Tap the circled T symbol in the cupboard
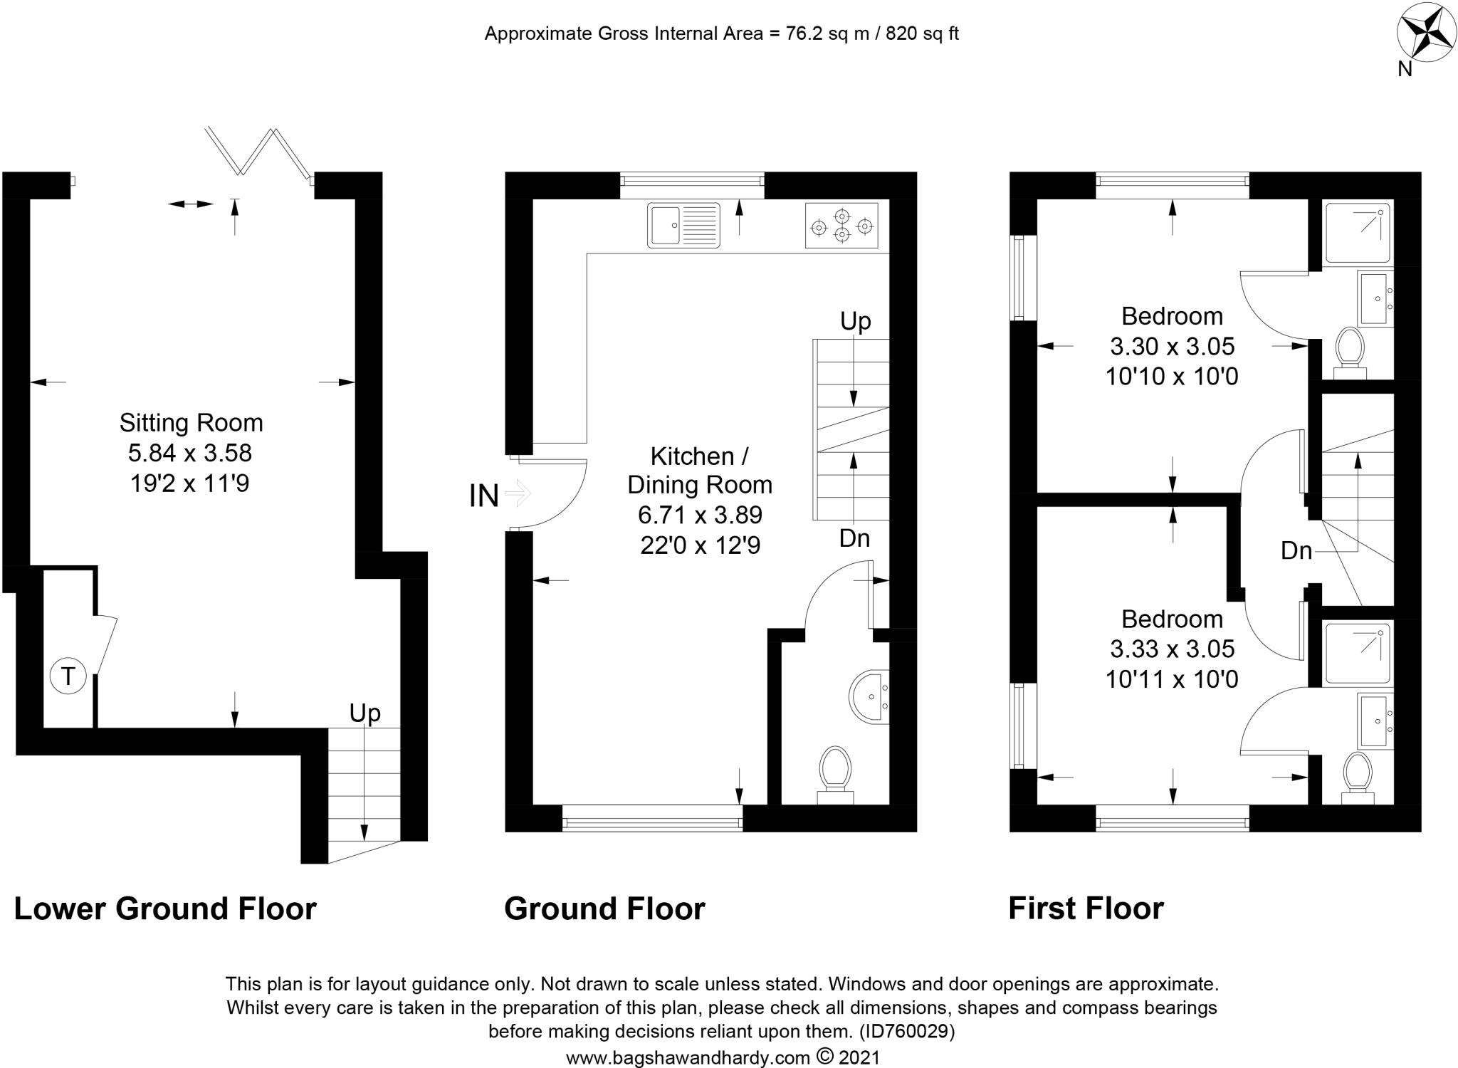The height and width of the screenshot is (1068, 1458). click(x=68, y=676)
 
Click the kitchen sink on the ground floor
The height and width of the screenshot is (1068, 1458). click(x=683, y=225)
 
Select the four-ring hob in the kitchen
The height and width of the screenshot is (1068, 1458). click(x=841, y=225)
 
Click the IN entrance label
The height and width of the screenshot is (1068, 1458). click(x=484, y=496)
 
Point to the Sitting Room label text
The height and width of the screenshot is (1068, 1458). click(x=191, y=423)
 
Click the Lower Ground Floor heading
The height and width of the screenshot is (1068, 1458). click(x=165, y=909)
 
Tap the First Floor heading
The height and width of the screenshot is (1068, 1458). click(x=1086, y=909)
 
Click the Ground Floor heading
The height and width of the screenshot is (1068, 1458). click(x=604, y=909)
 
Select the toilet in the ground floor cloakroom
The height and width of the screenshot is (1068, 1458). click(x=835, y=773)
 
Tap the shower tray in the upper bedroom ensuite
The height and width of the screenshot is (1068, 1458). click(x=1358, y=231)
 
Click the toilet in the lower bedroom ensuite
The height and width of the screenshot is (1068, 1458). click(x=1358, y=778)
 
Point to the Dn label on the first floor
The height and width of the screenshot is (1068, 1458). click(x=1296, y=550)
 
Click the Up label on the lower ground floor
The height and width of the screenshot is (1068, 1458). click(x=364, y=713)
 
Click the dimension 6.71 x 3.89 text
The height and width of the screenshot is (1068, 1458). click(x=700, y=515)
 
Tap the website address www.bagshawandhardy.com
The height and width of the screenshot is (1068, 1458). click(x=688, y=1058)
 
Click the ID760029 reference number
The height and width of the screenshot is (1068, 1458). click(x=907, y=1031)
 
